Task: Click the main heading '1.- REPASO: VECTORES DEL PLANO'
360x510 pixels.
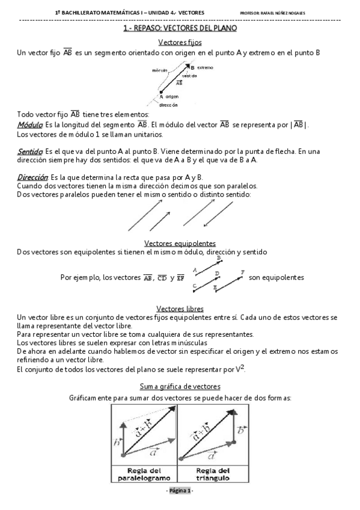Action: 180,28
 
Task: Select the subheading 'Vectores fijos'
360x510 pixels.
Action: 180,43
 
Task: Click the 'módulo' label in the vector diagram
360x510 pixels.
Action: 159,71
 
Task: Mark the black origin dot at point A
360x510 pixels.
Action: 161,92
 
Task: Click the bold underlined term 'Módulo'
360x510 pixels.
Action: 29,125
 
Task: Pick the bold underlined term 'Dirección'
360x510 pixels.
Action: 32,177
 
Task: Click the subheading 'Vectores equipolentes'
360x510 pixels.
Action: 180,243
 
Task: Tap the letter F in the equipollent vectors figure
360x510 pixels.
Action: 242,272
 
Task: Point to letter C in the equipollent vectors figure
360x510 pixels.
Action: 194,286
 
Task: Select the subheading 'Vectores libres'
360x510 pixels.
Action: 180,308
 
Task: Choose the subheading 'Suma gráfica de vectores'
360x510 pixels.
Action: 180,386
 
